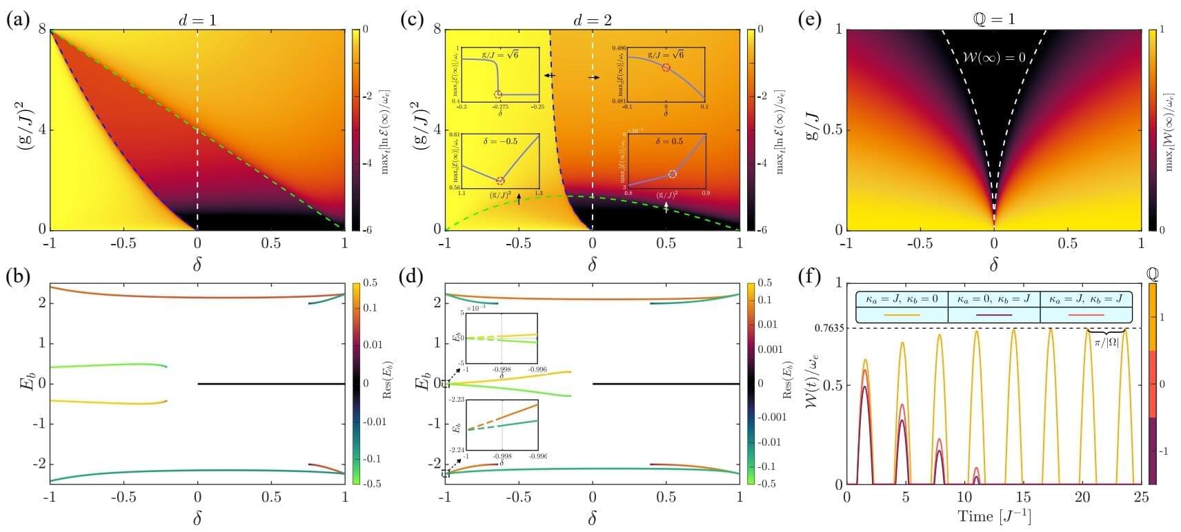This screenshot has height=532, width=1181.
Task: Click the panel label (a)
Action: click(17, 19)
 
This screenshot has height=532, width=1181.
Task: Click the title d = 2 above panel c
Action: click(591, 20)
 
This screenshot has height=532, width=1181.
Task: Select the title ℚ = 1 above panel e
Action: click(993, 20)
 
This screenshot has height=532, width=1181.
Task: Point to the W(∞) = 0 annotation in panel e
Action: click(993, 58)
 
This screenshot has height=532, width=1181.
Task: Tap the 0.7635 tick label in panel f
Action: click(827, 329)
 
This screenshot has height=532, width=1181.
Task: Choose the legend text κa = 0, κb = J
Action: click(993, 300)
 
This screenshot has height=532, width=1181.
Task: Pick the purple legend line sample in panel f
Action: click(993, 315)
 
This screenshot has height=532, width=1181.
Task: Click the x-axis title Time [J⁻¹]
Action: click(993, 515)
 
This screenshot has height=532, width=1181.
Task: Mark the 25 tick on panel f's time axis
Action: click(1140, 497)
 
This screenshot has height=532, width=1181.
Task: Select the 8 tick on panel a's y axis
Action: click(41, 30)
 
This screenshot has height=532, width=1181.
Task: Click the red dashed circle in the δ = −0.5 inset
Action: click(501, 181)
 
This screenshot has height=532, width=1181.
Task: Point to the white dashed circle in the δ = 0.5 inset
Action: click(673, 174)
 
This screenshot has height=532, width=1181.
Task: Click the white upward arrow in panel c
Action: click(666, 206)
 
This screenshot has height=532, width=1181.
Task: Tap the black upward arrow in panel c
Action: click(519, 200)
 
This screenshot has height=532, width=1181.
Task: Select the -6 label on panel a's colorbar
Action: click(367, 230)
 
